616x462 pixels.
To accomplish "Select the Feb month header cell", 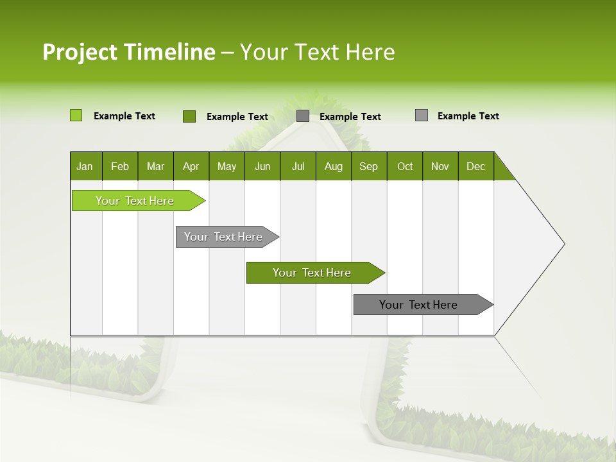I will [120, 166].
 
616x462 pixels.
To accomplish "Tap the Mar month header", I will [155, 166].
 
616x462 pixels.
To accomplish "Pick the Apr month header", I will [191, 166].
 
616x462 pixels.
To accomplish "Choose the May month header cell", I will [227, 166].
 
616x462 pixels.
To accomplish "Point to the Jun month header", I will [262, 166].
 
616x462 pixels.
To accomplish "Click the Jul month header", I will [298, 166].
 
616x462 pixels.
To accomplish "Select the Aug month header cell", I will [334, 166].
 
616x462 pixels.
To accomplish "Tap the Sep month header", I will [369, 166].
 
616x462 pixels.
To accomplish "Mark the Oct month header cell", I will [405, 166].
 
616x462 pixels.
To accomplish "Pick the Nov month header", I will [440, 166].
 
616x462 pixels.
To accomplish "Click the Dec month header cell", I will [476, 166].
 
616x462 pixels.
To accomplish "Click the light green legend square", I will [76, 116].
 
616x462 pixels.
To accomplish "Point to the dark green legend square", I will [189, 116].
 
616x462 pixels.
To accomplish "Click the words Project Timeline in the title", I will [128, 52].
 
